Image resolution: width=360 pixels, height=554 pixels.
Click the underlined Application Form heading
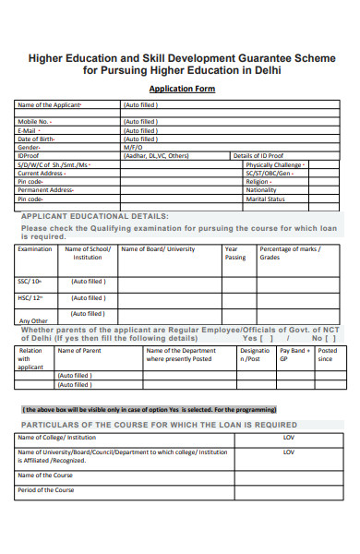click(182, 90)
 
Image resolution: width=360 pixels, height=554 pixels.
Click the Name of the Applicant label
click(50, 105)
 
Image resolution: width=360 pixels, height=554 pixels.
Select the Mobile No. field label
click(35, 121)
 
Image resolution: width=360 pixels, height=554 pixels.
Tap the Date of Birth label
click(37, 138)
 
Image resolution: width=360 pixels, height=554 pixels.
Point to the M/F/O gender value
click(134, 147)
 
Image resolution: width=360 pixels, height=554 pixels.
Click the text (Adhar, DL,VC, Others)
click(156, 156)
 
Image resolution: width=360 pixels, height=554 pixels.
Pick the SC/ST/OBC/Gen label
click(270, 173)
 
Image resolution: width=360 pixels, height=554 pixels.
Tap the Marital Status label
click(265, 199)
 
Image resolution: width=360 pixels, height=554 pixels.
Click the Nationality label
click(262, 189)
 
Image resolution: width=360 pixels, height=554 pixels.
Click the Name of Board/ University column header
click(158, 249)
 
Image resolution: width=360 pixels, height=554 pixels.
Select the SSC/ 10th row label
click(30, 282)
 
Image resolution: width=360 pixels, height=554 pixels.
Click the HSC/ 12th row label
click(30, 298)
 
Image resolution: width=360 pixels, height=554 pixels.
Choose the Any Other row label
click(33, 321)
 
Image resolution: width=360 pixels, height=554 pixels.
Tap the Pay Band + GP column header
click(294, 355)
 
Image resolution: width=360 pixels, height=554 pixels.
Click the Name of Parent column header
click(80, 351)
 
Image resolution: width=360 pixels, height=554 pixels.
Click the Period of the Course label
click(45, 490)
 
